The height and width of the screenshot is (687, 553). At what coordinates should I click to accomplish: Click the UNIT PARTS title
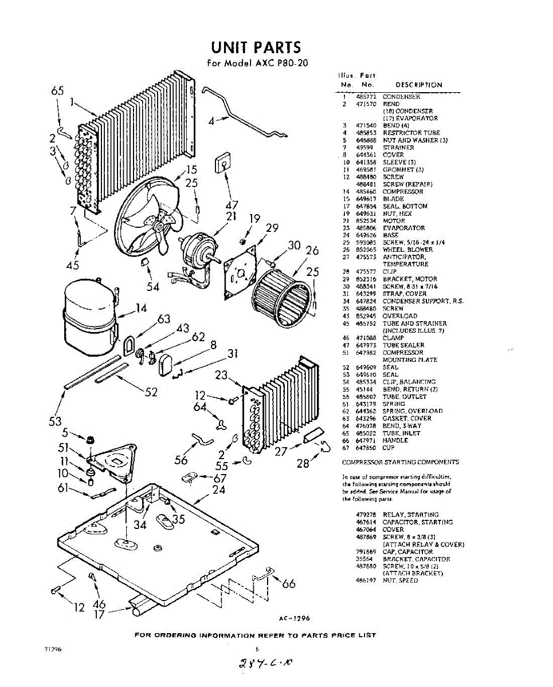[x=256, y=47]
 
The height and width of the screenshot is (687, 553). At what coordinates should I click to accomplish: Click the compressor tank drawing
[x=89, y=314]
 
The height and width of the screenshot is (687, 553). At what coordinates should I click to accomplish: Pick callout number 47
[x=232, y=205]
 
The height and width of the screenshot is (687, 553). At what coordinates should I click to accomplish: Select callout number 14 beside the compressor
[x=141, y=309]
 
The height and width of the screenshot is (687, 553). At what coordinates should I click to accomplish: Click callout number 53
[x=55, y=422]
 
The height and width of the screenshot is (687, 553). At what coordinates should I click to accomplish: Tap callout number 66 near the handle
[x=289, y=584]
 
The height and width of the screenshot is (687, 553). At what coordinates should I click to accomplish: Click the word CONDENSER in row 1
[x=401, y=97]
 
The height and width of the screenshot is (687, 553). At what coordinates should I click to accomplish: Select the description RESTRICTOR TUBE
[x=411, y=133]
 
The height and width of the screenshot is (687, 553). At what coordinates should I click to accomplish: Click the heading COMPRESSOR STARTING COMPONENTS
[x=400, y=462]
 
